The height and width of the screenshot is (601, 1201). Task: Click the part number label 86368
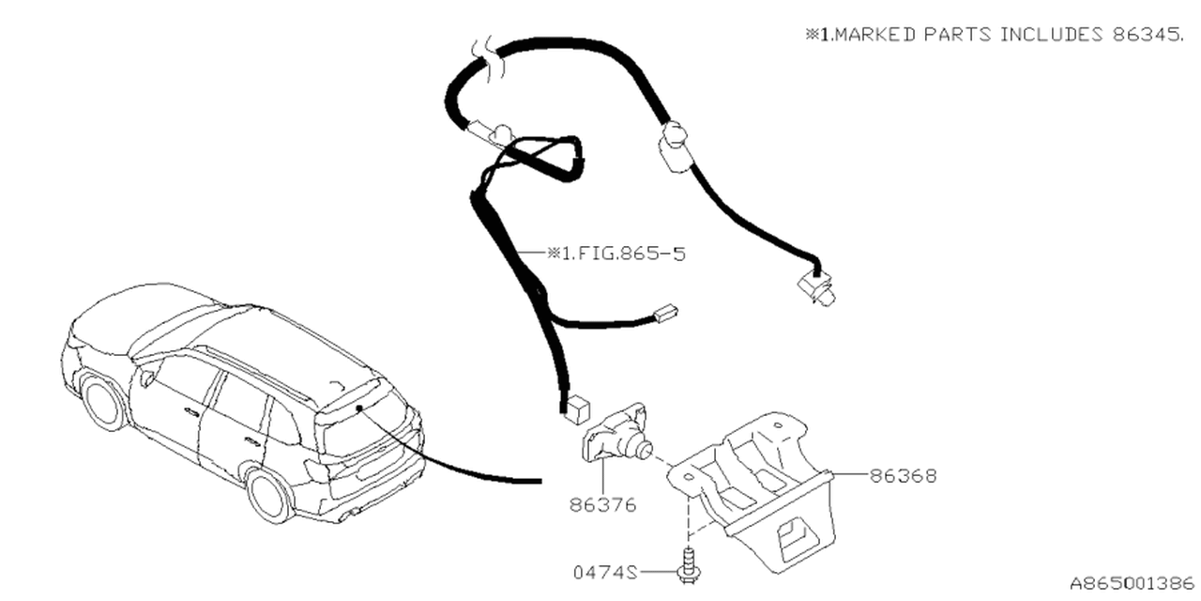[903, 475]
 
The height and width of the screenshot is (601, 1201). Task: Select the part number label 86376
[602, 505]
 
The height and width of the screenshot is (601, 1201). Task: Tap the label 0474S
[605, 571]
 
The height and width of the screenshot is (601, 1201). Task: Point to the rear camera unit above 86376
[619, 436]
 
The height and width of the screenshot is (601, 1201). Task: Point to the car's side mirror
[147, 379]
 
